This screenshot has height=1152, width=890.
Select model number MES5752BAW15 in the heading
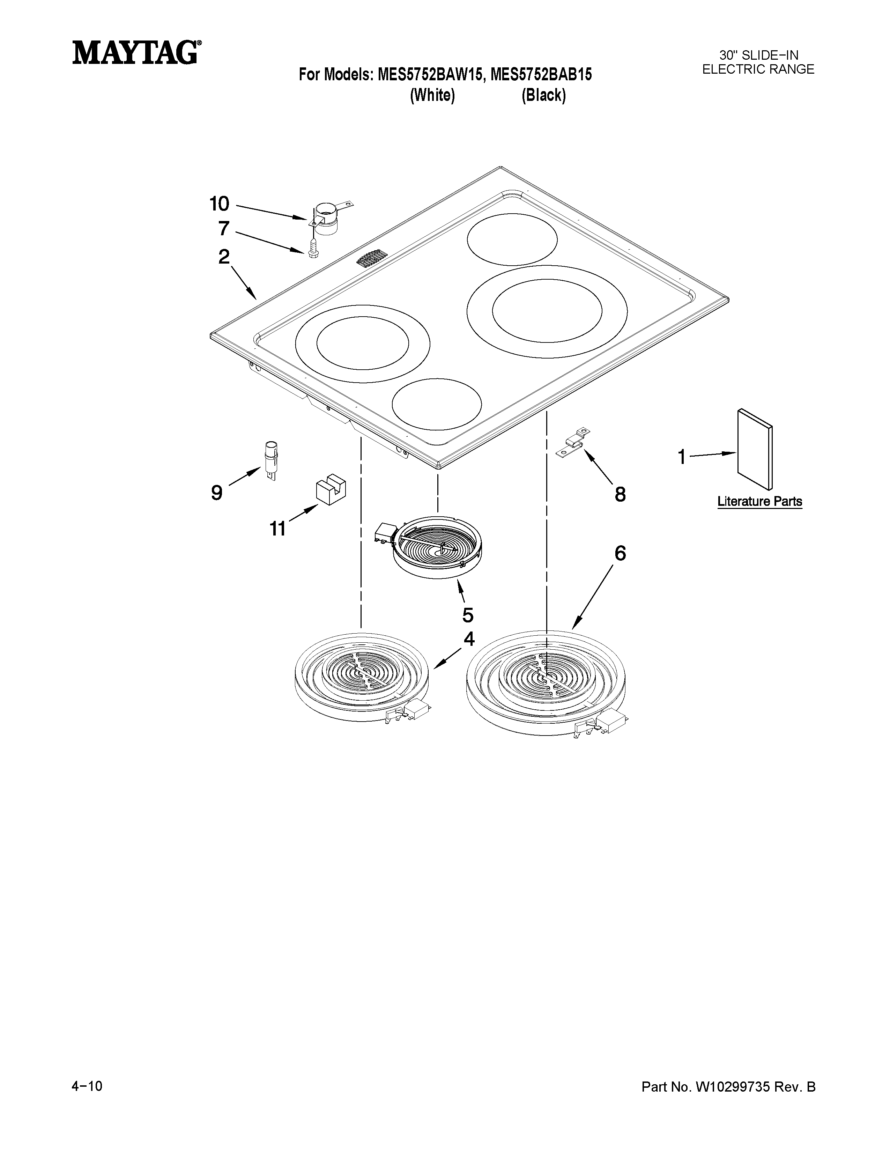tap(429, 75)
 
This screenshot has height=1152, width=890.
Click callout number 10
tap(219, 203)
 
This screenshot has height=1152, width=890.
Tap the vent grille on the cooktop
tap(372, 259)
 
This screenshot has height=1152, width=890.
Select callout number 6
tap(620, 553)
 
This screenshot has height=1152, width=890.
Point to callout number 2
tap(224, 257)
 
